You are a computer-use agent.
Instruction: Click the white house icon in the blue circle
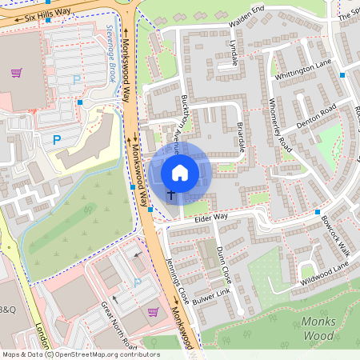[180, 172]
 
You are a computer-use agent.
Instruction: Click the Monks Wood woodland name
[309, 328]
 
